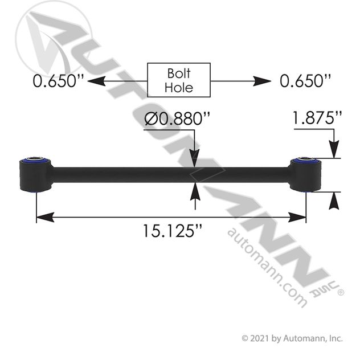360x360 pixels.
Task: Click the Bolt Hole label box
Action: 179,80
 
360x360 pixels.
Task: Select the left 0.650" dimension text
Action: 58,81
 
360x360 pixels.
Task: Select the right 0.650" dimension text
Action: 306,81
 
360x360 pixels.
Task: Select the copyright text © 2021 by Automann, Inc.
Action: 293,338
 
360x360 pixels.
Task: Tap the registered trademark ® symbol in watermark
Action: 341,292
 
